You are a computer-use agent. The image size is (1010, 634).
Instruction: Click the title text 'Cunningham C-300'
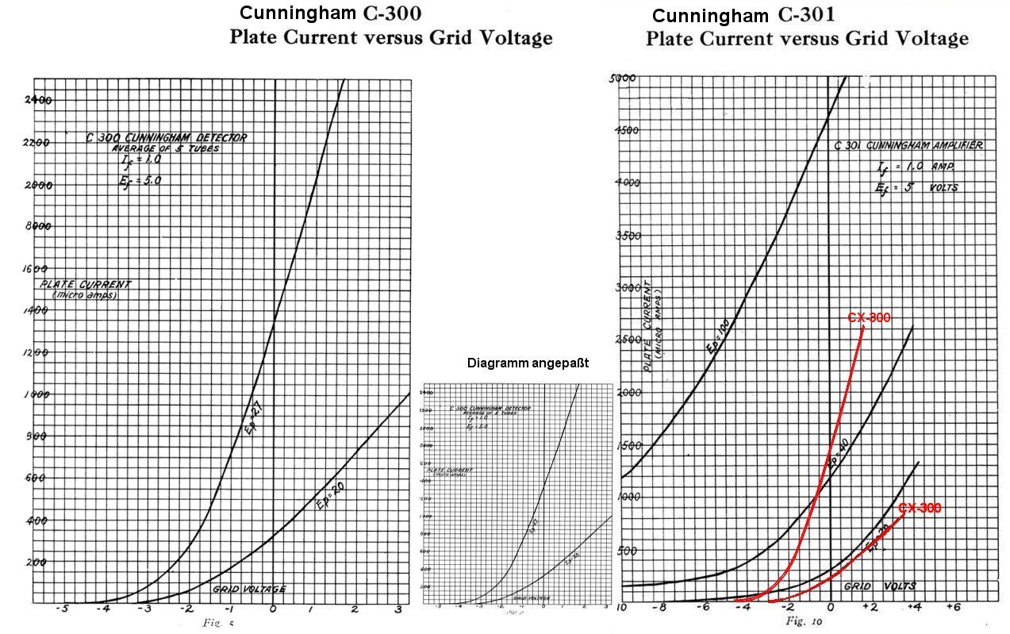tap(330, 13)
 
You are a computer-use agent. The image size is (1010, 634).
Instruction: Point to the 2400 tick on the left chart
tap(38, 100)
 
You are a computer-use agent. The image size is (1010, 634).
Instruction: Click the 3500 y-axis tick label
tap(628, 236)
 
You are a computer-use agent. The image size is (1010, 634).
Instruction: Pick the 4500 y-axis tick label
tap(628, 130)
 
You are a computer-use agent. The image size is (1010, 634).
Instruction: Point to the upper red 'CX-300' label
tap(869, 317)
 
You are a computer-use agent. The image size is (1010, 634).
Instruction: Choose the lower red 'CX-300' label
tap(920, 508)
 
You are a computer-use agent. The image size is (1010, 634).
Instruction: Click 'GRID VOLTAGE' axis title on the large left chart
tap(248, 589)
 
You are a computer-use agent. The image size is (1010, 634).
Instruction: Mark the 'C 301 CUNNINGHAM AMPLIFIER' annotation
tap(908, 145)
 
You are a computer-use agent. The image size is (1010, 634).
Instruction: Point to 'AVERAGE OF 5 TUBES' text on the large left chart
tap(156, 148)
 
